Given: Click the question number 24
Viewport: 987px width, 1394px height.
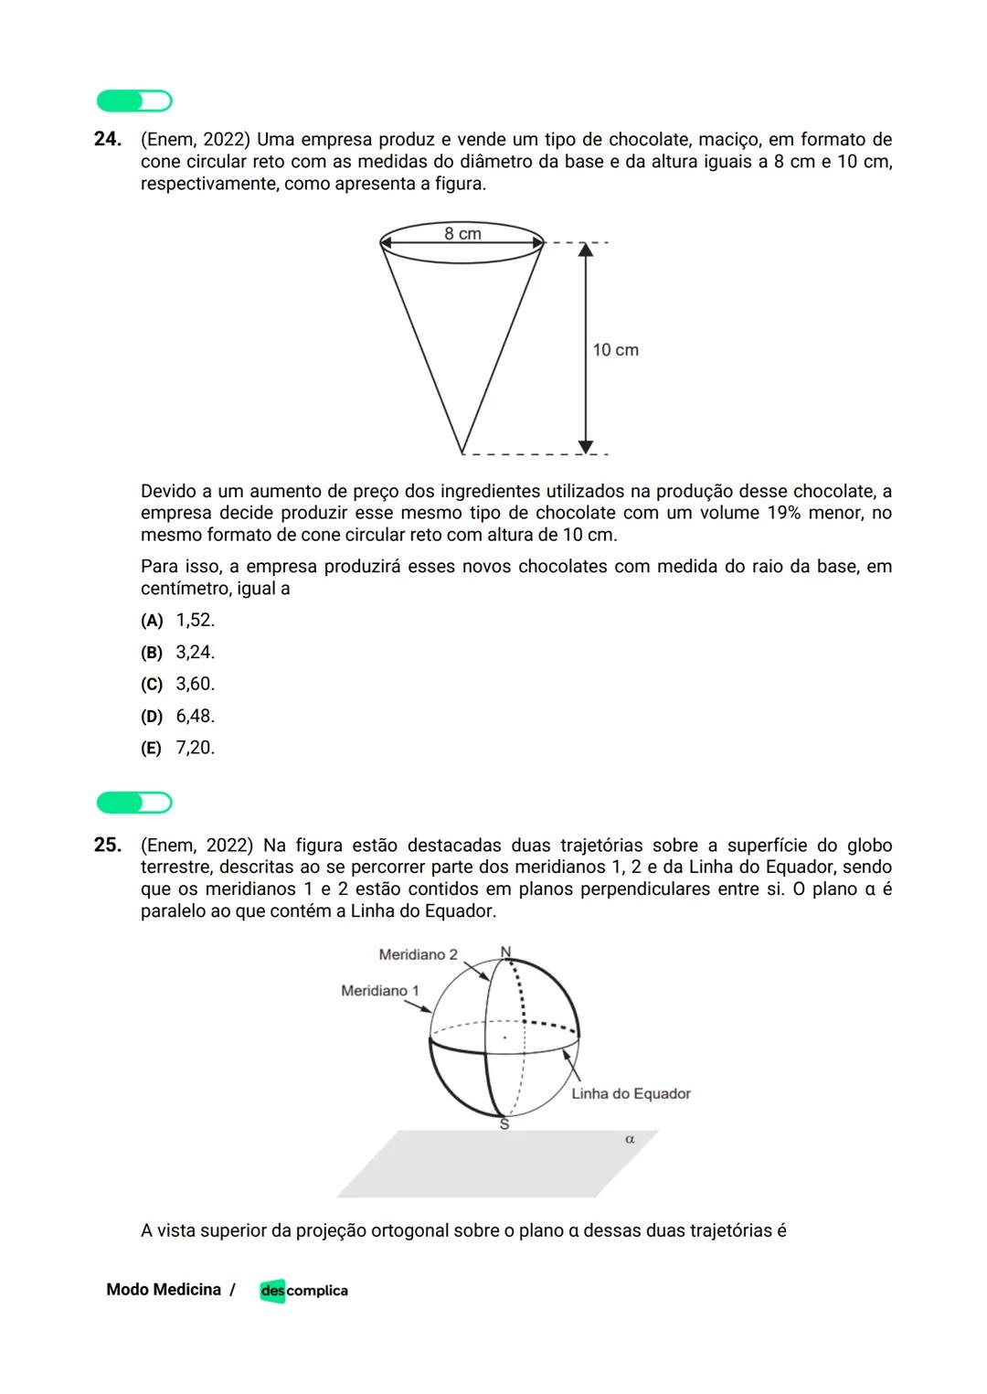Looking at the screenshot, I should pyautogui.click(x=108, y=140).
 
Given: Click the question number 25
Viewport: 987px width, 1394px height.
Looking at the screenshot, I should pyautogui.click(x=108, y=846).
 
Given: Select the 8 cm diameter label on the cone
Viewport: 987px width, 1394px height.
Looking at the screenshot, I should pyautogui.click(x=462, y=234).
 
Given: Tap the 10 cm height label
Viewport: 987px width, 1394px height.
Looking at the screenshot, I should pyautogui.click(x=615, y=350).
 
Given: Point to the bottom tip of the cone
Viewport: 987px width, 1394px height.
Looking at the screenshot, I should pyautogui.click(x=462, y=452).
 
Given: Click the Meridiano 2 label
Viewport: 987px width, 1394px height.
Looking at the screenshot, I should pyautogui.click(x=418, y=955).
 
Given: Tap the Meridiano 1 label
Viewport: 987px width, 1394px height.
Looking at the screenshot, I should pyautogui.click(x=379, y=991).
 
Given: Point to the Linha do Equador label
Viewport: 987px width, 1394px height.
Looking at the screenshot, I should pyautogui.click(x=631, y=1094).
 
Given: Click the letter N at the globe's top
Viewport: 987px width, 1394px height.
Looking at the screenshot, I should pyautogui.click(x=505, y=952).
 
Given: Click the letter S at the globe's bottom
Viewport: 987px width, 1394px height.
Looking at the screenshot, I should pyautogui.click(x=504, y=1125).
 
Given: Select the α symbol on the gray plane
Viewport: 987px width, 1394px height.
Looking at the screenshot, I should pyautogui.click(x=630, y=1140).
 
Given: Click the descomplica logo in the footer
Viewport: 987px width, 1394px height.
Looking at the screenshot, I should pyautogui.click(x=303, y=1291).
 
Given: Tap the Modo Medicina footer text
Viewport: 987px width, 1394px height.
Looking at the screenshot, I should pyautogui.click(x=164, y=1290).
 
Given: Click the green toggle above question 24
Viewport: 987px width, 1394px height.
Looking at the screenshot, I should pyautogui.click(x=134, y=101).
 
